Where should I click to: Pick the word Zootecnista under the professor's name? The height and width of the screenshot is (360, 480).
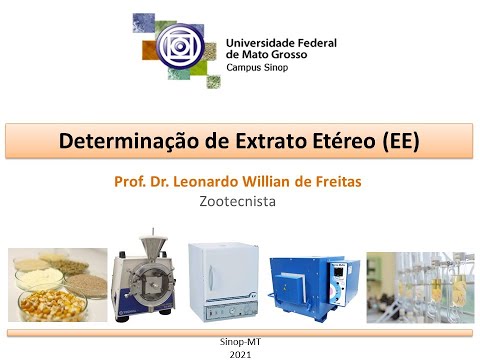(238, 200)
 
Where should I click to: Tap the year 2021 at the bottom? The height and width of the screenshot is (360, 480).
(240, 354)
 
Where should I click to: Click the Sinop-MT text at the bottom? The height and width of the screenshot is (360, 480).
(240, 341)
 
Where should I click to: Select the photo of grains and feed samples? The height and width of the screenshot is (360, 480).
(58, 285)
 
